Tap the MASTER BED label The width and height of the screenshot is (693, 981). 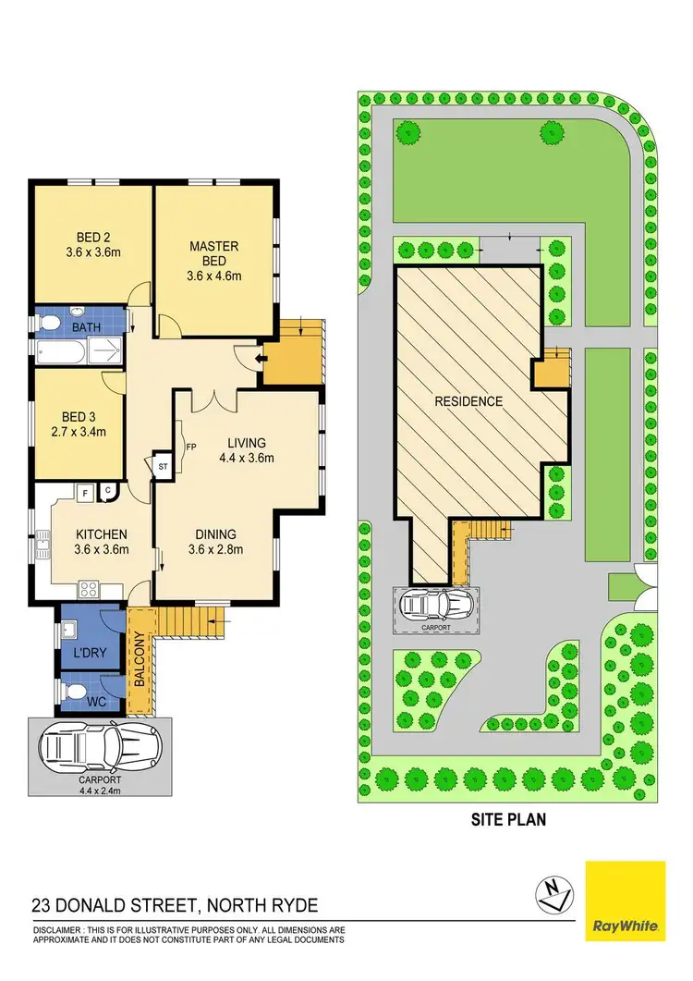pos(213,246)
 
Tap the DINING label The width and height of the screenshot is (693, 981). pos(215,533)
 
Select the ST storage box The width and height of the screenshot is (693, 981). pos(162,467)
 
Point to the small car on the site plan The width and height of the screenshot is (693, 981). pos(437,606)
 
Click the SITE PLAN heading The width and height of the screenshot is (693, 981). pos(509,817)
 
